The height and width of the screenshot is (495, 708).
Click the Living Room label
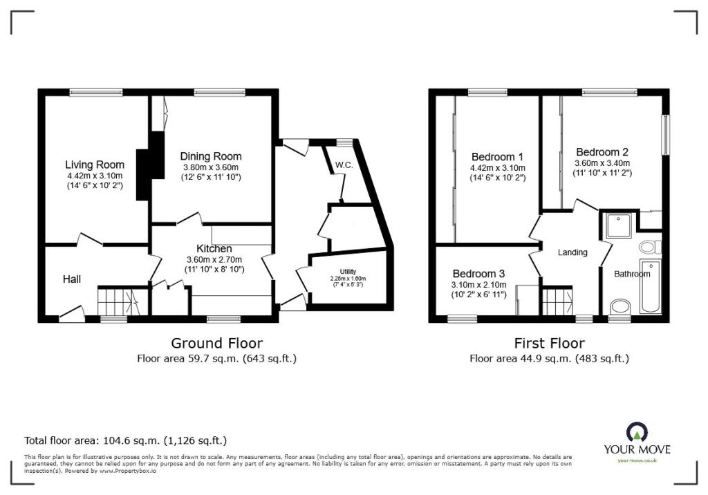[x=95, y=165]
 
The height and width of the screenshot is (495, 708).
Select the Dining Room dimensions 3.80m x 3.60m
[x=210, y=167]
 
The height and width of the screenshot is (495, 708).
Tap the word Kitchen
[x=214, y=248]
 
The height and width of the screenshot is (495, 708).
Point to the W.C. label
[x=344, y=165]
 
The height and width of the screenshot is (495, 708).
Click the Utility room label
[x=348, y=271]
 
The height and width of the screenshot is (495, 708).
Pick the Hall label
[x=72, y=279]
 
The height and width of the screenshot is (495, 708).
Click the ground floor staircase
[x=118, y=301]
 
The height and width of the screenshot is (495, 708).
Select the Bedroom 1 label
[x=497, y=156]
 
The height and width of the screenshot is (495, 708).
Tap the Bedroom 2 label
[x=602, y=152]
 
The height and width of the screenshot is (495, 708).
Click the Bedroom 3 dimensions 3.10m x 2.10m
[x=478, y=285]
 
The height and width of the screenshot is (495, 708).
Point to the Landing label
[x=572, y=252]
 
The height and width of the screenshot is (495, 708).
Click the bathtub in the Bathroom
[x=651, y=287]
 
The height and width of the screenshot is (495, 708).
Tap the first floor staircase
[x=557, y=301]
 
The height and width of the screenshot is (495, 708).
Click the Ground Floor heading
[x=216, y=343]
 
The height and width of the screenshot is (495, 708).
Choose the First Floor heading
[x=549, y=343]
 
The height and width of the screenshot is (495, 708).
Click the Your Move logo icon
[x=637, y=433]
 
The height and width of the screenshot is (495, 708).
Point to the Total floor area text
[x=125, y=440]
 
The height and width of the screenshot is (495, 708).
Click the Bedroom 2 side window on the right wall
[x=667, y=134]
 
